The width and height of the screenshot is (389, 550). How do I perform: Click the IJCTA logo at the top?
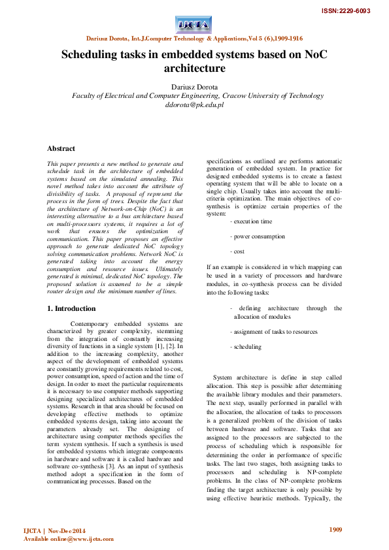(x=194, y=25)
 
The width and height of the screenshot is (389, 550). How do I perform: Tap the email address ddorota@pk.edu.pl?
(x=194, y=104)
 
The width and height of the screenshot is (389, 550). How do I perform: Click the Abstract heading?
(x=61, y=149)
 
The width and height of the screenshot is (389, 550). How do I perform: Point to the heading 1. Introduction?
(x=72, y=308)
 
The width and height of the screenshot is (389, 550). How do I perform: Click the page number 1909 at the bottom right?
(x=335, y=529)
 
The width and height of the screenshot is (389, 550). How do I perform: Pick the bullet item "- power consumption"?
(x=257, y=236)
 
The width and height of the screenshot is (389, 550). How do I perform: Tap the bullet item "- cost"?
(x=237, y=251)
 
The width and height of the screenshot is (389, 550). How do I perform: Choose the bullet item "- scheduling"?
(x=245, y=347)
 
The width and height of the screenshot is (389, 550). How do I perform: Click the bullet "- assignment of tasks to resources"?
(x=274, y=332)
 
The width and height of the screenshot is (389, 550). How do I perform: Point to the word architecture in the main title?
(x=194, y=68)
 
